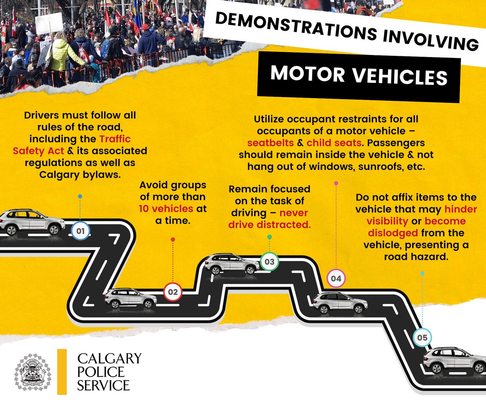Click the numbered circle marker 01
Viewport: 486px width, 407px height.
click(x=80, y=232)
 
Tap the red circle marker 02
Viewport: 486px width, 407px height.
click(x=173, y=292)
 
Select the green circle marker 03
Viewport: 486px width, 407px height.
click(x=269, y=262)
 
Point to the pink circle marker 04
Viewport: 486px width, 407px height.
click(x=336, y=278)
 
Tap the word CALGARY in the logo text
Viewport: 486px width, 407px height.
click(x=109, y=358)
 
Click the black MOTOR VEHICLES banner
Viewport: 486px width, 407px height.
click(x=358, y=76)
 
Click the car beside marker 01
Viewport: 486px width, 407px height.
click(x=32, y=222)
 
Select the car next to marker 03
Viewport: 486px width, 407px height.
click(x=232, y=264)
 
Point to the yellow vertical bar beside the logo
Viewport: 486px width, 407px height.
click(x=62, y=371)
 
